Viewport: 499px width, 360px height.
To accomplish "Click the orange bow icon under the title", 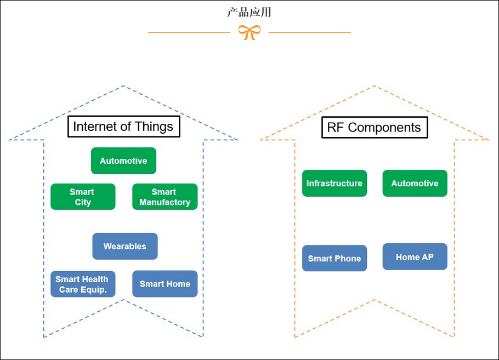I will point(250,32).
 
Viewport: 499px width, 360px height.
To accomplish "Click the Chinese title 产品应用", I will point(250,12).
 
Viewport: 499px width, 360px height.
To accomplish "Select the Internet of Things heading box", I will point(123,127).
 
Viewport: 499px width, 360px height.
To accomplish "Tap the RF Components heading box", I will point(374,128).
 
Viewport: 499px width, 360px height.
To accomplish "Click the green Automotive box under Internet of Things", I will point(123,161).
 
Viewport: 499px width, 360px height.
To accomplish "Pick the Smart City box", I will point(83,197).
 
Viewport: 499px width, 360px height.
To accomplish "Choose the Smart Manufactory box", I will point(165,197).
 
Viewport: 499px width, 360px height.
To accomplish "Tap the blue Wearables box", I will point(125,246).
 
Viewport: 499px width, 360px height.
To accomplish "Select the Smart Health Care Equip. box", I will point(83,284).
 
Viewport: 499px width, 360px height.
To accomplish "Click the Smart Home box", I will point(165,284).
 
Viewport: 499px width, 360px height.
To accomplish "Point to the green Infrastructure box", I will point(334,183).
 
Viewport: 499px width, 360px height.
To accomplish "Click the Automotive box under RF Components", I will point(415,183).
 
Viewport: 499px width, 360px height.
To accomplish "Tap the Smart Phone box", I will point(334,258).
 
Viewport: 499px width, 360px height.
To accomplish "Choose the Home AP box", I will point(415,256).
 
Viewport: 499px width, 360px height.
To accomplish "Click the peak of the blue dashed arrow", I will point(123,86).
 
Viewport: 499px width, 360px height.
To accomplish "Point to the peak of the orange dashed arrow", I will point(375,86).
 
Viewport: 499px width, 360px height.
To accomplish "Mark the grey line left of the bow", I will point(189,32).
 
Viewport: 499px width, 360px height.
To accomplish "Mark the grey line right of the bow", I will point(310,32).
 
